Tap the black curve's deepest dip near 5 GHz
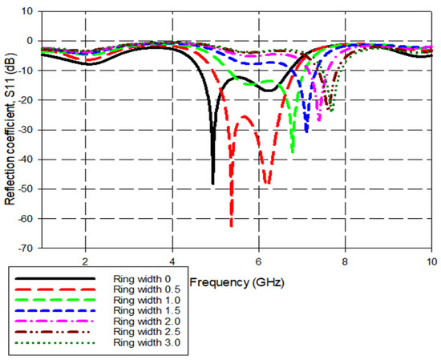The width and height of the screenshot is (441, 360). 212,184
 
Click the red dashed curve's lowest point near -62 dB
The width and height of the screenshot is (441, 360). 231,226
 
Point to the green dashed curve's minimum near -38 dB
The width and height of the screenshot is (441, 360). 293,152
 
